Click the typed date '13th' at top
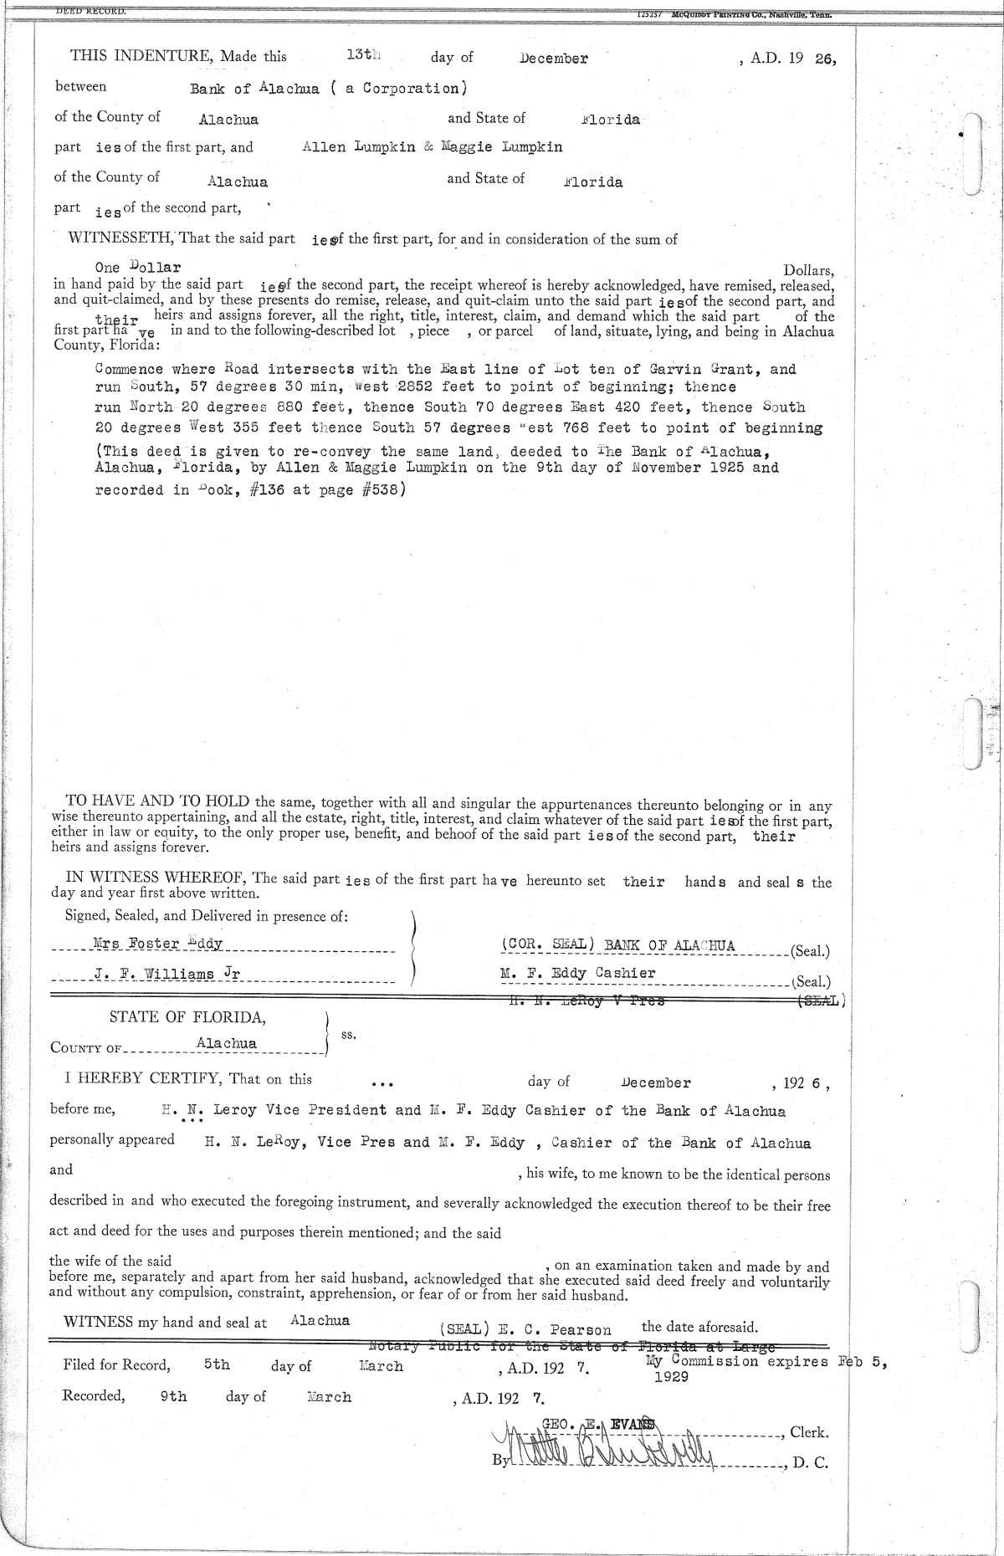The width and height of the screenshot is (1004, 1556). point(363,55)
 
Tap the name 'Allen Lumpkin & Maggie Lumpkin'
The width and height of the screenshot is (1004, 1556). point(432,147)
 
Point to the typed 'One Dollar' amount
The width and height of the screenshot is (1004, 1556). point(138,268)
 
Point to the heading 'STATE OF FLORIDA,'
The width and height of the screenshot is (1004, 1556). point(188,1018)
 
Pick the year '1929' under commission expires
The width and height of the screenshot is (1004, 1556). point(671,1377)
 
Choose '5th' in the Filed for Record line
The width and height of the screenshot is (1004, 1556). point(217,1364)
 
